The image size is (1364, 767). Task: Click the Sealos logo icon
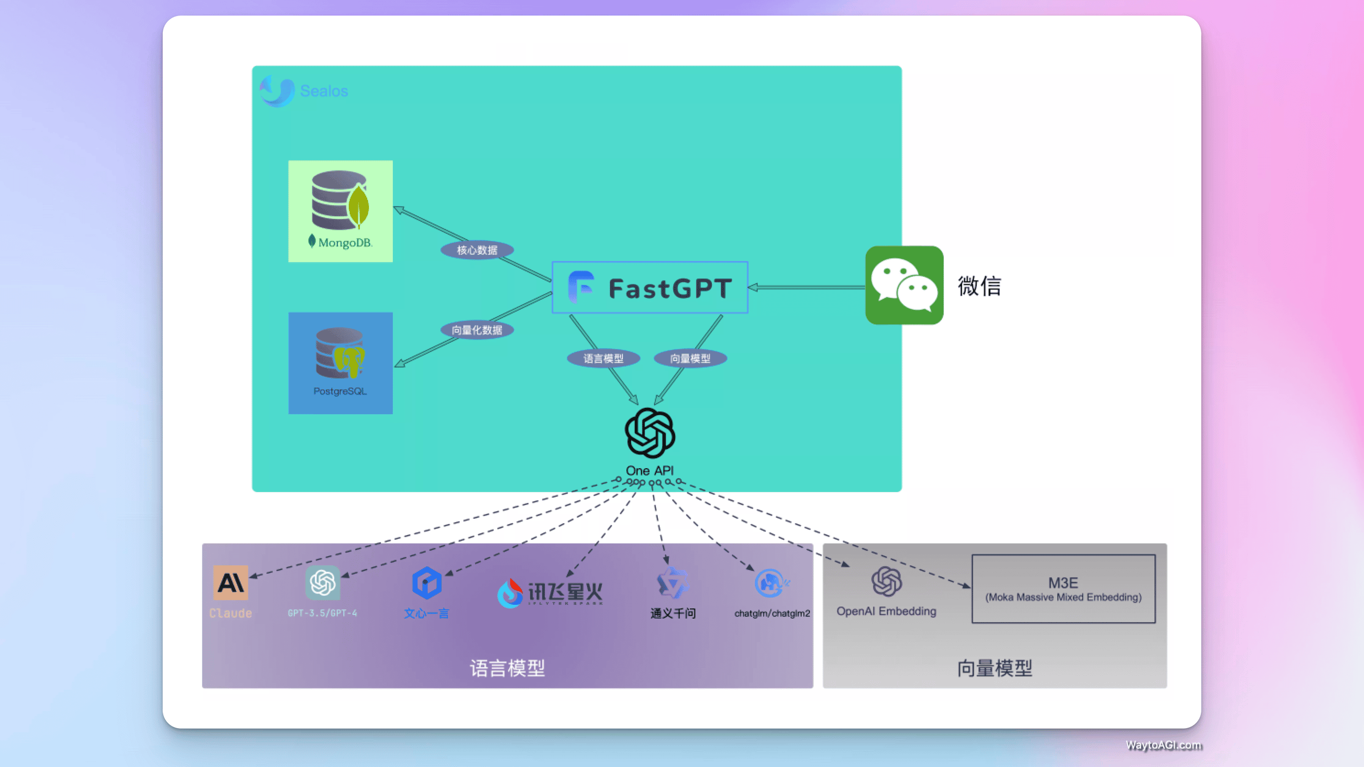277,91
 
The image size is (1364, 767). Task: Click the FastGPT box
650,287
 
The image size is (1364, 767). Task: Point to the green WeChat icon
904,285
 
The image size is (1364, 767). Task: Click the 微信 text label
979,286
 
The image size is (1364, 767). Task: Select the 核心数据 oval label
477,250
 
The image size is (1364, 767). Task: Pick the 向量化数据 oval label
477,330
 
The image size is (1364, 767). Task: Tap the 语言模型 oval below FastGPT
603,358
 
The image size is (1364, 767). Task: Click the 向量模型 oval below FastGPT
690,358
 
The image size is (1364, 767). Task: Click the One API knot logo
650,433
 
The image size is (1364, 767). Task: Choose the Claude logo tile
231,582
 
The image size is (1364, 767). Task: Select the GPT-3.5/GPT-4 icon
323,582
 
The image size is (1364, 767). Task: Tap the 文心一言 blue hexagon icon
426,583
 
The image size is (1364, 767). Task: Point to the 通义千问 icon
672,583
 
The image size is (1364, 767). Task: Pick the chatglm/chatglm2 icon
771,583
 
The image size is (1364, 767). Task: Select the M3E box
1063,589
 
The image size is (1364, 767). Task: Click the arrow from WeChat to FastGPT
806,287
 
